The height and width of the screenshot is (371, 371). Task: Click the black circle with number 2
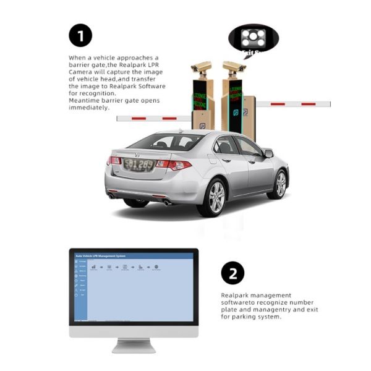(x=232, y=273)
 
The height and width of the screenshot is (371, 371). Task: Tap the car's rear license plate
(x=138, y=164)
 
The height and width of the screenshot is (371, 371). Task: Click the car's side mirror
(x=268, y=153)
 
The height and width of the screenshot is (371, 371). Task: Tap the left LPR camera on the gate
(x=201, y=67)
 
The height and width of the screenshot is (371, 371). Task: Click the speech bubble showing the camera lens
(x=254, y=38)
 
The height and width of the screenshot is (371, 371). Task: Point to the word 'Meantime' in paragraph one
(x=82, y=101)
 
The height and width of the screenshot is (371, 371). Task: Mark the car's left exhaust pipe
(x=113, y=197)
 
